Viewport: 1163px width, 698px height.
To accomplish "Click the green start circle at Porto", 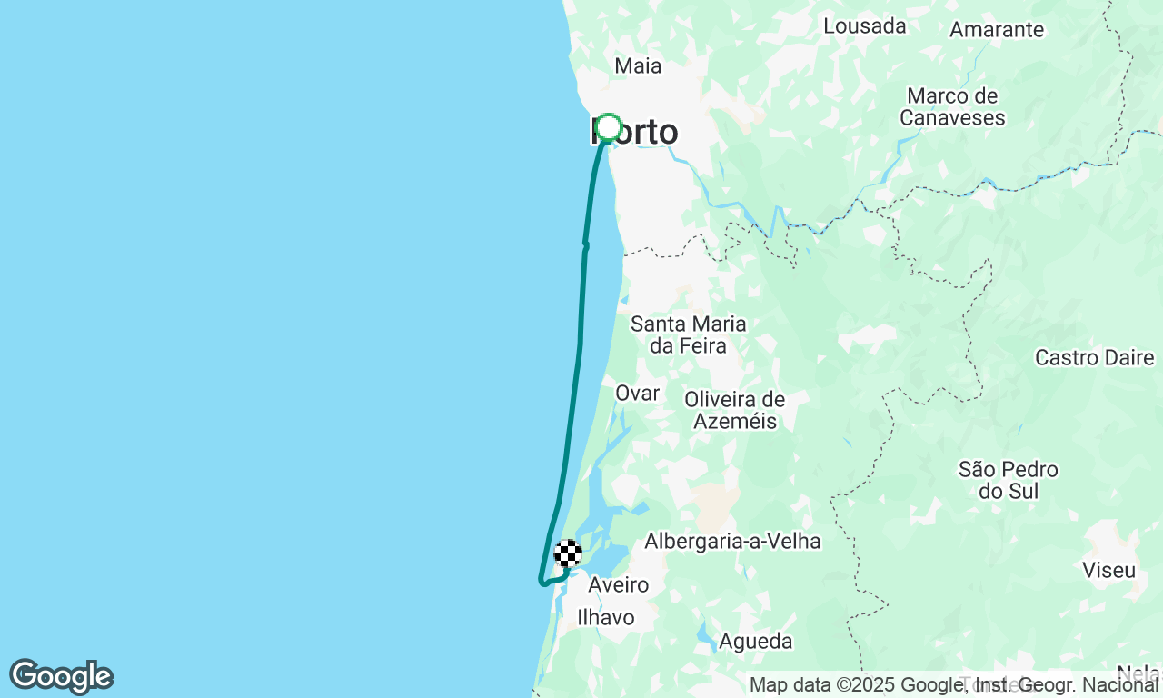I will click(x=608, y=128).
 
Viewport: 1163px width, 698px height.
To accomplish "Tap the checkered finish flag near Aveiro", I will click(x=568, y=553).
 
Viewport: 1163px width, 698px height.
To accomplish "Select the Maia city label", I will click(x=638, y=65).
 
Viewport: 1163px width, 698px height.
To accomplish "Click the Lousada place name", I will click(x=864, y=25).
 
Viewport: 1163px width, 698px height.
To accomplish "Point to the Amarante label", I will click(x=997, y=29).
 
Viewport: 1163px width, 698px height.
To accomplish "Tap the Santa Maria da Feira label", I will click(x=689, y=334).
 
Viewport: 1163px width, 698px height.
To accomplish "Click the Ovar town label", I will click(x=637, y=393).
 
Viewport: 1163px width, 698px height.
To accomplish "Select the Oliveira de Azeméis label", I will click(x=735, y=410).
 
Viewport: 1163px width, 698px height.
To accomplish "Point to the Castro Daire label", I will click(x=1094, y=357).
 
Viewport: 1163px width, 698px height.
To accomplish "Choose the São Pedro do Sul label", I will click(x=1009, y=480).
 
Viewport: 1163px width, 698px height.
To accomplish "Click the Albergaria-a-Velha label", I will click(x=732, y=542).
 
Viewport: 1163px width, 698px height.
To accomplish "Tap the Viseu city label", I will click(x=1109, y=571).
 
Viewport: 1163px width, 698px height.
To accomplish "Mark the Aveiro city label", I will click(x=618, y=584).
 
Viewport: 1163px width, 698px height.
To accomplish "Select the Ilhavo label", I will click(x=606, y=618).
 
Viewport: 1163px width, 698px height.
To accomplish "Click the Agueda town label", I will click(x=755, y=642).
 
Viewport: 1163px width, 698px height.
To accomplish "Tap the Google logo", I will click(x=61, y=677).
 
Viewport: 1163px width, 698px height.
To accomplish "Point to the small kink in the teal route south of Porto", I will click(x=585, y=245).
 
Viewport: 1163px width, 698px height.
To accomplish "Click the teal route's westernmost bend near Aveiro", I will click(x=542, y=583).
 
